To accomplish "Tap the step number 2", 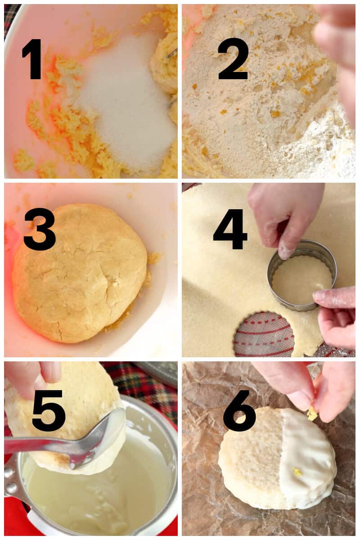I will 233,59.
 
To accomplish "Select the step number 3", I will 39,229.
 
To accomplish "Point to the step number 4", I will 230,229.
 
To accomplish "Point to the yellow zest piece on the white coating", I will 298,472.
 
